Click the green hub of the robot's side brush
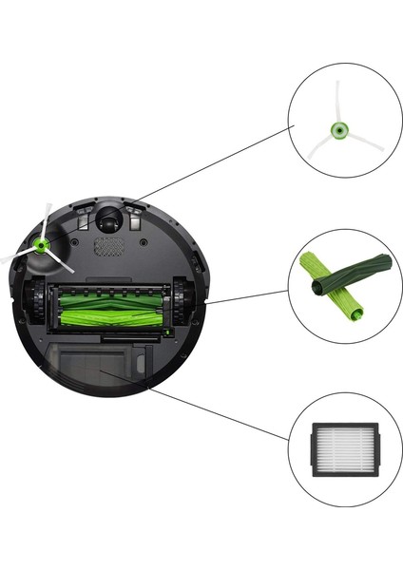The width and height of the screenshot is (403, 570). point(42,244)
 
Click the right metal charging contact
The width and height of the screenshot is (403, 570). point(137,216)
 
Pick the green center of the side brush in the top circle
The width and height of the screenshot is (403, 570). point(336,131)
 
